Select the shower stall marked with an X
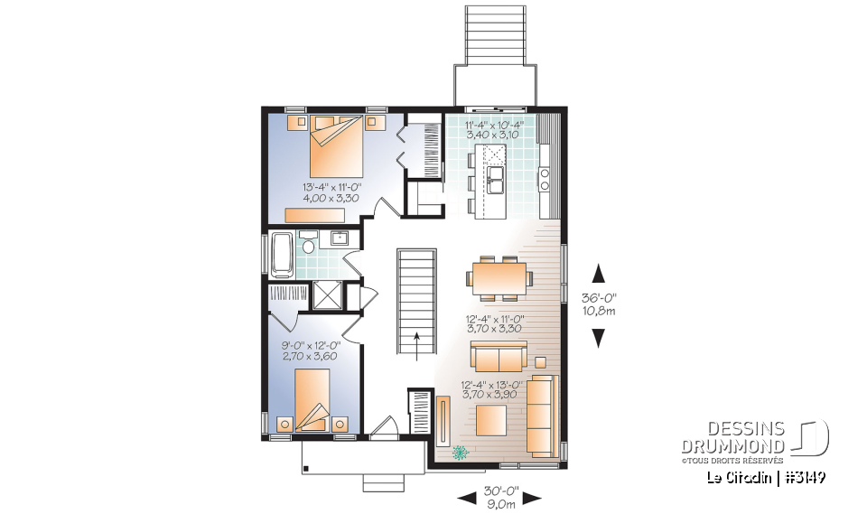[325, 296]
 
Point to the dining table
[498, 278]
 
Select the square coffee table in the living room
[491, 421]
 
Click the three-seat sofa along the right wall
[542, 404]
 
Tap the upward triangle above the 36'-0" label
[597, 272]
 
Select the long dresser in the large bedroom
[316, 214]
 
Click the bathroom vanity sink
[340, 238]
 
